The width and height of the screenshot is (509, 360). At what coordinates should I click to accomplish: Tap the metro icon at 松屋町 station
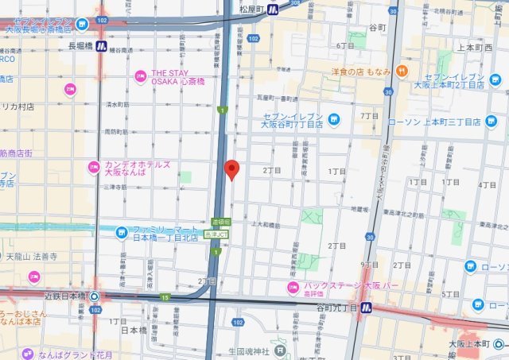click(x=273, y=10)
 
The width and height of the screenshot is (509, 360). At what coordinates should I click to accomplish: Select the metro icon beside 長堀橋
click(x=102, y=46)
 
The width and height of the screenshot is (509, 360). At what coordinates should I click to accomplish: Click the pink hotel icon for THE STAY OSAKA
click(x=142, y=76)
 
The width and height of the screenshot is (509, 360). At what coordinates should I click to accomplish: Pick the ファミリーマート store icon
click(x=122, y=232)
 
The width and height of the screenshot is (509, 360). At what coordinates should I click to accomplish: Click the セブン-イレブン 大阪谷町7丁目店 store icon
click(x=334, y=120)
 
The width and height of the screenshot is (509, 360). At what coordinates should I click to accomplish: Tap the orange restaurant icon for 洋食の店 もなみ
click(x=400, y=72)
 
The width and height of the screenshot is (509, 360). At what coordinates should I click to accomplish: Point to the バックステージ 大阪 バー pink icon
click(x=293, y=287)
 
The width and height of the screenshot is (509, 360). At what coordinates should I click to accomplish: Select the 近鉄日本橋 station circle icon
click(x=95, y=296)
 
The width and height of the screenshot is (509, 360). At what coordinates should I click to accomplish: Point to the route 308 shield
click(x=296, y=2)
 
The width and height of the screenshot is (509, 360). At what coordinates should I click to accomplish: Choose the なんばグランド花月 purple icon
click(x=28, y=354)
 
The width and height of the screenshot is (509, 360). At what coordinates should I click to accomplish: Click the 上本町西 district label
click(x=476, y=48)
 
